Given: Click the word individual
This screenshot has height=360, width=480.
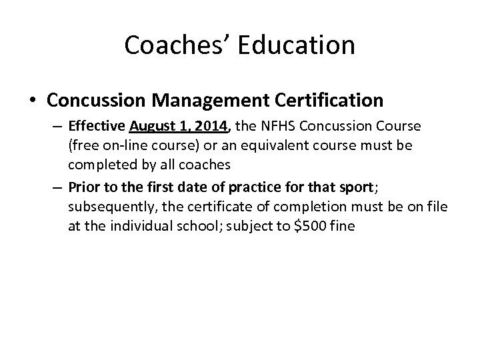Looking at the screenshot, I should pos(141,225).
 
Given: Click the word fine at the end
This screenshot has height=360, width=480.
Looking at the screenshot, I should pos(343,225).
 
